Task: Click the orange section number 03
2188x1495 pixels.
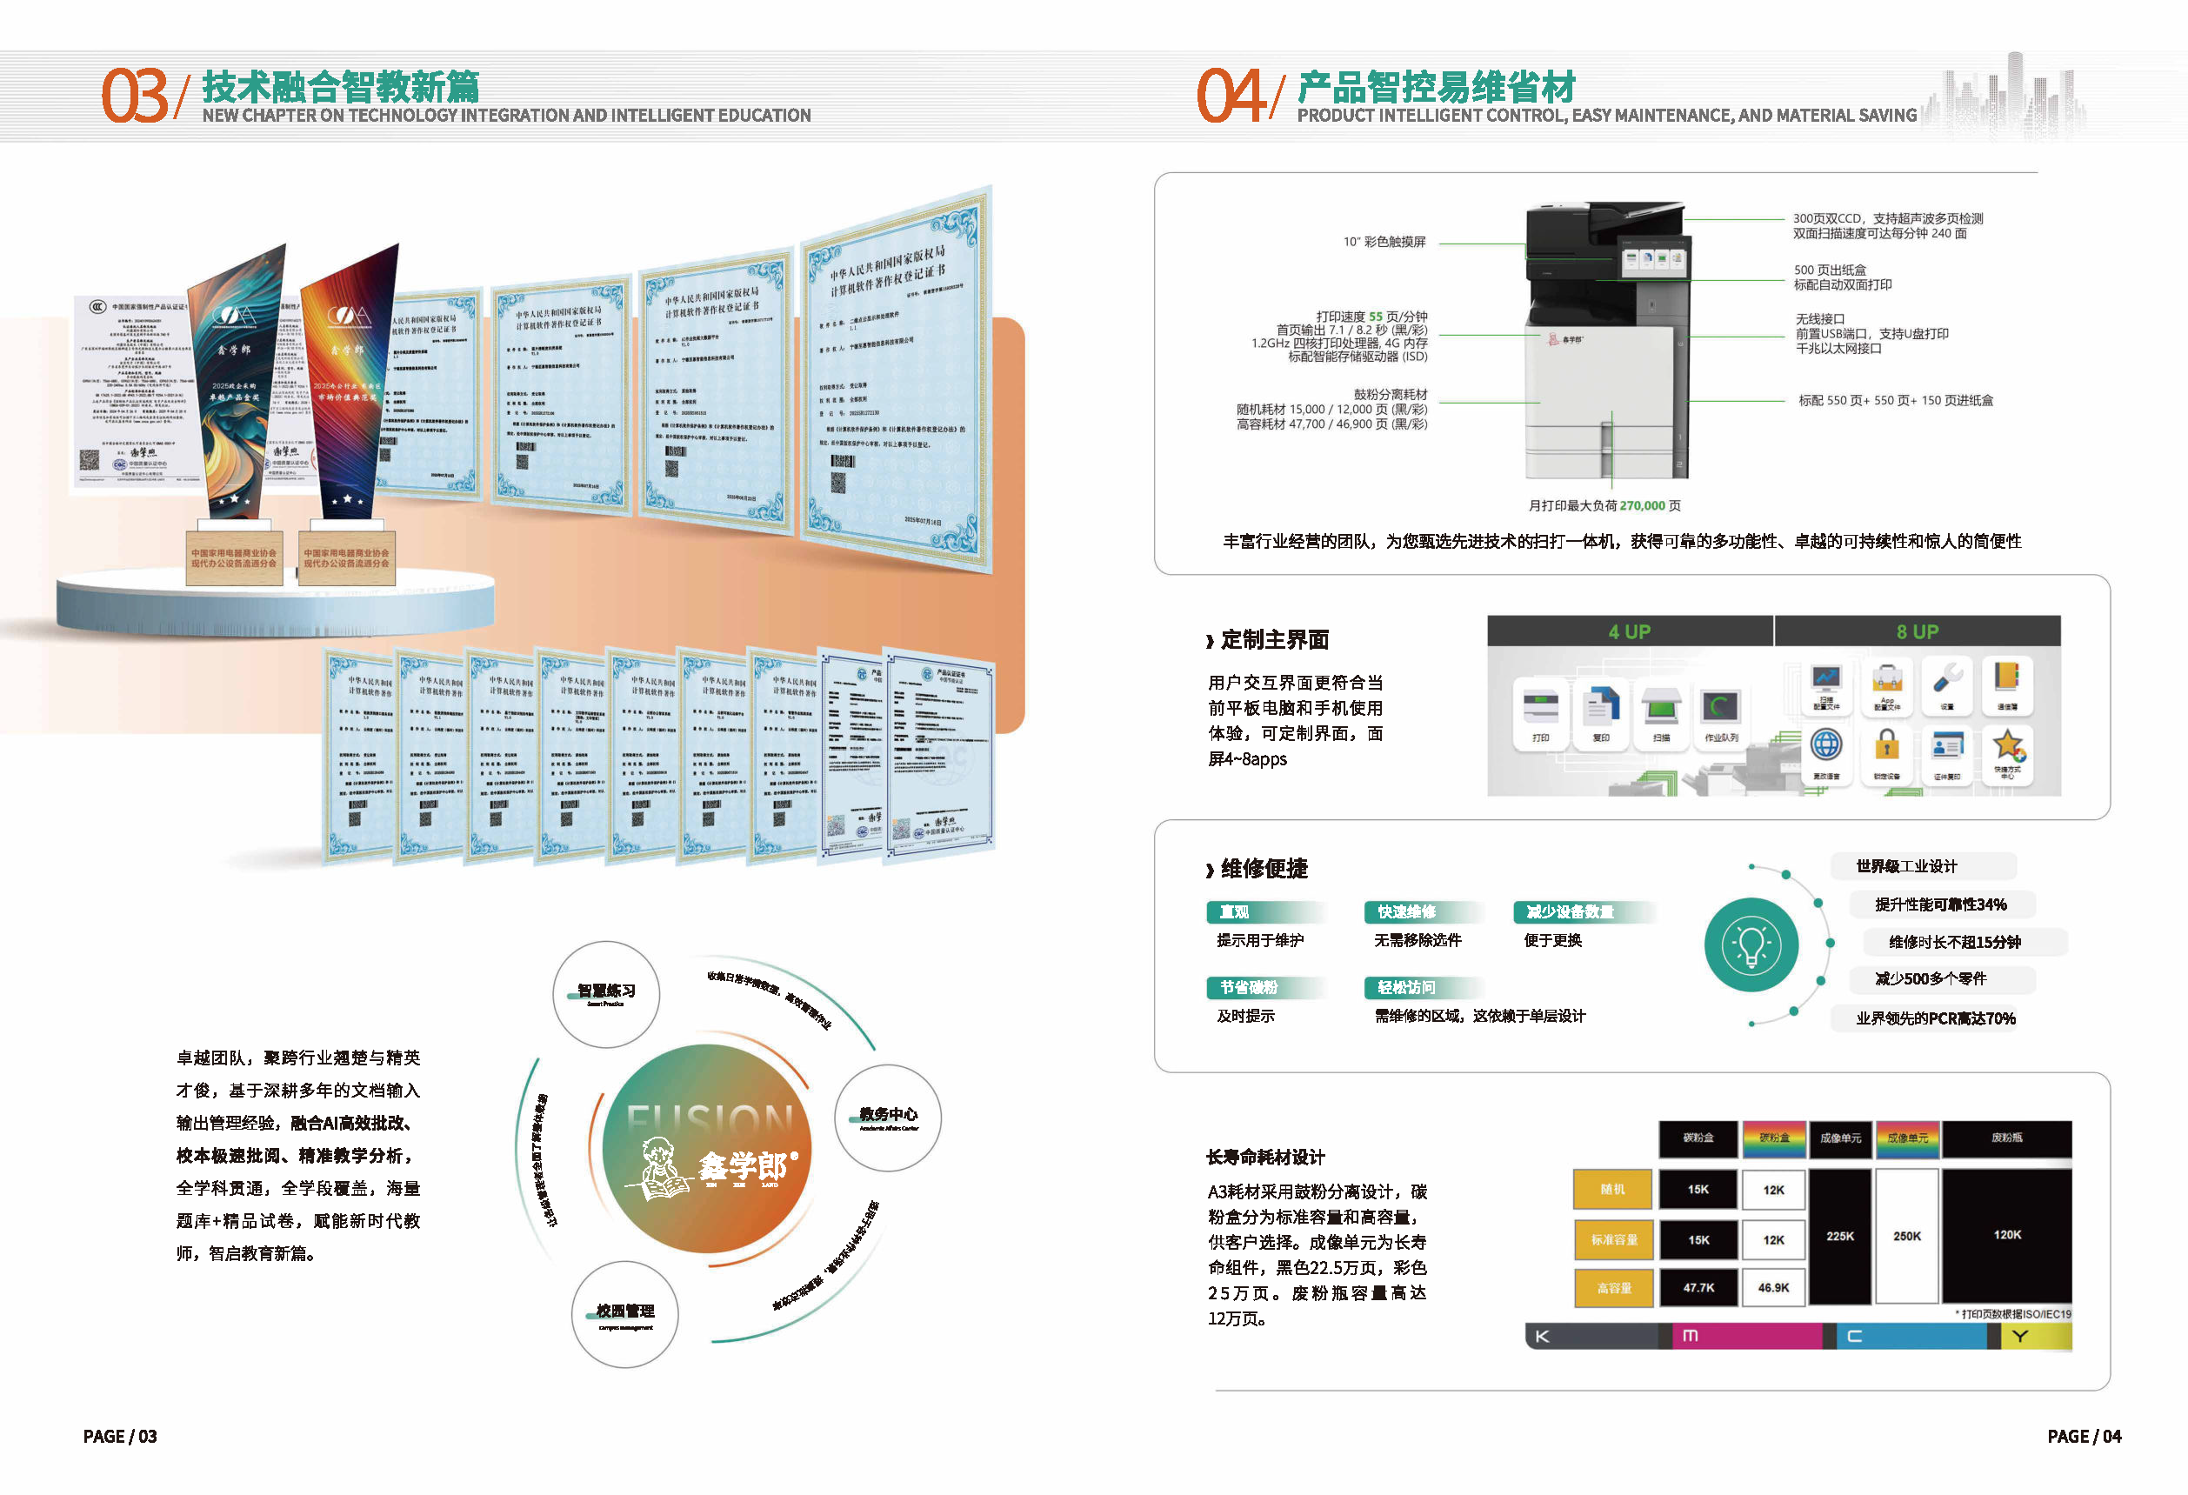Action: click(135, 96)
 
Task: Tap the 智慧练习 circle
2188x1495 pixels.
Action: click(606, 993)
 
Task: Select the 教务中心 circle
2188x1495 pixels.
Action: click(887, 1118)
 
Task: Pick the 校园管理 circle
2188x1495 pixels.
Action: click(624, 1313)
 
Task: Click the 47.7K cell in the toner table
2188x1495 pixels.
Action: click(1698, 1287)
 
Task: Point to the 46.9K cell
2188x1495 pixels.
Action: click(1773, 1287)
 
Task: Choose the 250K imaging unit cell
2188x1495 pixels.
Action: click(1906, 1236)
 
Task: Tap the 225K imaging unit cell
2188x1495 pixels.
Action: click(1839, 1236)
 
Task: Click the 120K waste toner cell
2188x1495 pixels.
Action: click(2006, 1235)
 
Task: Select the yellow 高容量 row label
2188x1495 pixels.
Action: click(1613, 1288)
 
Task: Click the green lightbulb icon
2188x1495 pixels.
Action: click(1751, 944)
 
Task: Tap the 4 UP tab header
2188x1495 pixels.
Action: click(1629, 631)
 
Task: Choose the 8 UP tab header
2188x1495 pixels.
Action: click(1917, 631)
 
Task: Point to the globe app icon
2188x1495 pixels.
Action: click(1825, 745)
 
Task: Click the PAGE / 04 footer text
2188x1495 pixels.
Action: click(2084, 1436)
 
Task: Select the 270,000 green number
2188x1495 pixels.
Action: click(1642, 505)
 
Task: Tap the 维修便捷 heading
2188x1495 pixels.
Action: click(1264, 868)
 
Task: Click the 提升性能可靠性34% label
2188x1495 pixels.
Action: click(1940, 904)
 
